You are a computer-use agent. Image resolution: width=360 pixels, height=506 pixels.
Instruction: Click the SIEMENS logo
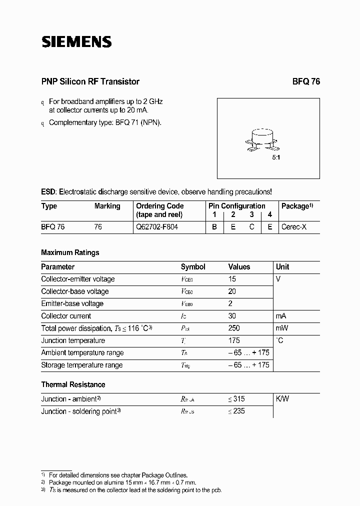[x=76, y=42]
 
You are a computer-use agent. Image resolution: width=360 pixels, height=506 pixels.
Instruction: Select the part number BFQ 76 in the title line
[x=305, y=81]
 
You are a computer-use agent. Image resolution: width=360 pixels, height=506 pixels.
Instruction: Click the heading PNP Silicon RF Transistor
[x=90, y=81]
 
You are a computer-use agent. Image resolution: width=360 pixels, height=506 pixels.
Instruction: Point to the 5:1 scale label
[x=276, y=157]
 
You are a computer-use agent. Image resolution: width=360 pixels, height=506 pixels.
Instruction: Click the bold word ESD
[x=48, y=192]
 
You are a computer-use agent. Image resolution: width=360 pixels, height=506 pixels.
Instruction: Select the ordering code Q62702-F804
[x=156, y=226]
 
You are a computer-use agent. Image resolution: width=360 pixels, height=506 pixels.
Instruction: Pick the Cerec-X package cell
[x=293, y=226]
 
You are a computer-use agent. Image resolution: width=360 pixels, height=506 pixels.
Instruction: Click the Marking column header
[x=107, y=206]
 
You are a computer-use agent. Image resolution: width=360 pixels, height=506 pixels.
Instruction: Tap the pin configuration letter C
[x=252, y=226]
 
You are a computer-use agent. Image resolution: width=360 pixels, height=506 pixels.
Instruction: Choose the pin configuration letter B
[x=214, y=226]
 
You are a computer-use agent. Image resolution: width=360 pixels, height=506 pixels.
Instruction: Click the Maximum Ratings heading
[x=70, y=252]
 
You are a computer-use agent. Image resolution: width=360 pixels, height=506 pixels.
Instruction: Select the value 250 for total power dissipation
[x=234, y=328]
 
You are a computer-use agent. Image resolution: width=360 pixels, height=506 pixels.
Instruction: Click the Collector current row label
[x=66, y=316]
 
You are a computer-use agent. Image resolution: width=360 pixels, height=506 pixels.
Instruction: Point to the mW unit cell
[x=281, y=328]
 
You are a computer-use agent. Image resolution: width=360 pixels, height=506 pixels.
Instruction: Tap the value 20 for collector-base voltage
[x=232, y=291]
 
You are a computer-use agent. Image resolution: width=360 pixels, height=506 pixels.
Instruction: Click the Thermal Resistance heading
[x=73, y=384]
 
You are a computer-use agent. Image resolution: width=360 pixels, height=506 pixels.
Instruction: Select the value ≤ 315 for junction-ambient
[x=236, y=399]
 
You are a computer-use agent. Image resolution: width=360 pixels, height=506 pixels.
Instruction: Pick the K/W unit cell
[x=282, y=399]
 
